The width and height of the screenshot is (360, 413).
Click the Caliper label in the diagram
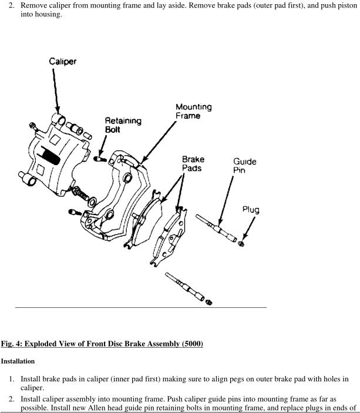(x=63, y=62)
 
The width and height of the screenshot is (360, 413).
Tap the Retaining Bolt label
(x=123, y=125)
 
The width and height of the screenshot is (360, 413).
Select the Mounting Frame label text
(x=194, y=111)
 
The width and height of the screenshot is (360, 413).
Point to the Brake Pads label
(x=193, y=164)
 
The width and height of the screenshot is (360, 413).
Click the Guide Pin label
(x=245, y=166)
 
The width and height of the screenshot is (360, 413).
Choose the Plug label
(x=251, y=210)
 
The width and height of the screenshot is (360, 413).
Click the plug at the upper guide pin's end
(x=241, y=244)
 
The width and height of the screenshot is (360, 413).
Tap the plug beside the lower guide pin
(x=209, y=303)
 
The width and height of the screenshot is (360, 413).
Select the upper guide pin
(x=216, y=228)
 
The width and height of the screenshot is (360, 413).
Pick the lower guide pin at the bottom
(x=185, y=287)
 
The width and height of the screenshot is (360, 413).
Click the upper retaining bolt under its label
(x=100, y=159)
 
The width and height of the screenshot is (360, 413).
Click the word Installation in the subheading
(x=18, y=361)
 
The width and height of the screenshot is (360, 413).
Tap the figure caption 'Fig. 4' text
(x=11, y=344)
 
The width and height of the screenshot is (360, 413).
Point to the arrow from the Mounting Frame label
(x=158, y=143)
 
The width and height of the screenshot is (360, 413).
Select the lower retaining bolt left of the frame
(x=75, y=212)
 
